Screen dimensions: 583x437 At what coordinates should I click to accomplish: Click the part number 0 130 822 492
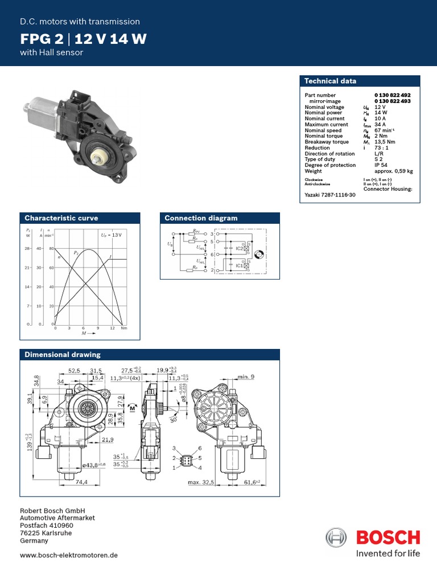point(392,95)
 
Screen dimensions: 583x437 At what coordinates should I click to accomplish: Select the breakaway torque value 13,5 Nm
point(386,142)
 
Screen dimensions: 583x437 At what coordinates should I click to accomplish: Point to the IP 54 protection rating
point(381,165)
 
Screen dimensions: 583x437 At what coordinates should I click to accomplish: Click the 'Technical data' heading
point(330,81)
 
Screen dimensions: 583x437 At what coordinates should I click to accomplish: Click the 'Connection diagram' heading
point(201,218)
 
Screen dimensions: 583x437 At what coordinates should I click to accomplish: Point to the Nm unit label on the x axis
point(124,329)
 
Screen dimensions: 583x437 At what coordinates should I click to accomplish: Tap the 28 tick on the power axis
point(27,249)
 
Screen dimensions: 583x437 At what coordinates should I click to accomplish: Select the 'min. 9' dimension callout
point(246,377)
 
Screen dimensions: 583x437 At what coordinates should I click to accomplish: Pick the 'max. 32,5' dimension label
point(201,483)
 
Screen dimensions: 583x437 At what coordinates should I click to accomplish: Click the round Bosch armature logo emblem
point(336,538)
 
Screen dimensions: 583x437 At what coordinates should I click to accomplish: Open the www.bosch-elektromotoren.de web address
point(69,555)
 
